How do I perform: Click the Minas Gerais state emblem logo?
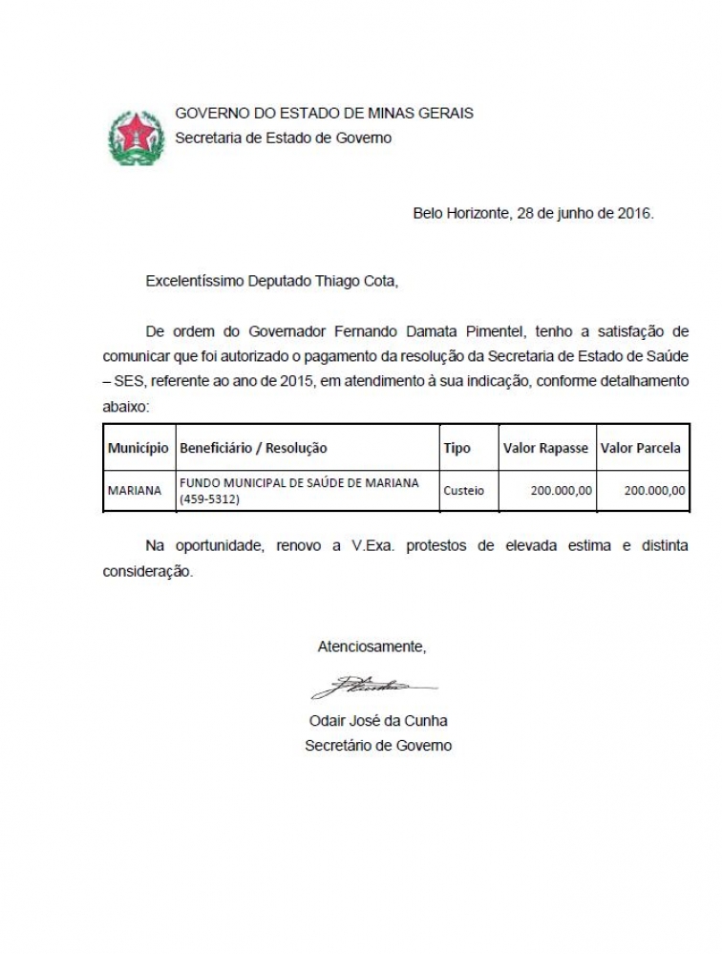pyautogui.click(x=137, y=138)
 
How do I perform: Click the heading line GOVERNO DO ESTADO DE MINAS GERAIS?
pyautogui.click(x=324, y=113)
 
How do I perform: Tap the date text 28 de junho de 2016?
pyautogui.click(x=584, y=213)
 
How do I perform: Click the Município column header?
pyautogui.click(x=138, y=448)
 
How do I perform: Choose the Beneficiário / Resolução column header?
pyautogui.click(x=253, y=448)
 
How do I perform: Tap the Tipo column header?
pyautogui.click(x=457, y=448)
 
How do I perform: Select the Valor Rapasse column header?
pyautogui.click(x=545, y=448)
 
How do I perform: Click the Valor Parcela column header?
pyautogui.click(x=641, y=448)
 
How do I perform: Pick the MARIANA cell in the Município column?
pyautogui.click(x=135, y=491)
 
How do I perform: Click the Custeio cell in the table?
pyautogui.click(x=464, y=491)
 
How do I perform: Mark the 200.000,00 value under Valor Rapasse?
pyautogui.click(x=561, y=491)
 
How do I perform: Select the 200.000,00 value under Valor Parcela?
pyautogui.click(x=654, y=491)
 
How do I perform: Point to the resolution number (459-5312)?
pyautogui.click(x=209, y=499)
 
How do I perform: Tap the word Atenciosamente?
pyautogui.click(x=372, y=647)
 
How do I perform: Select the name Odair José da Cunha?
pyautogui.click(x=378, y=720)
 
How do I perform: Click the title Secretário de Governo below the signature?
pyautogui.click(x=378, y=745)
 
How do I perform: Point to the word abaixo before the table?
pyautogui.click(x=125, y=406)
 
